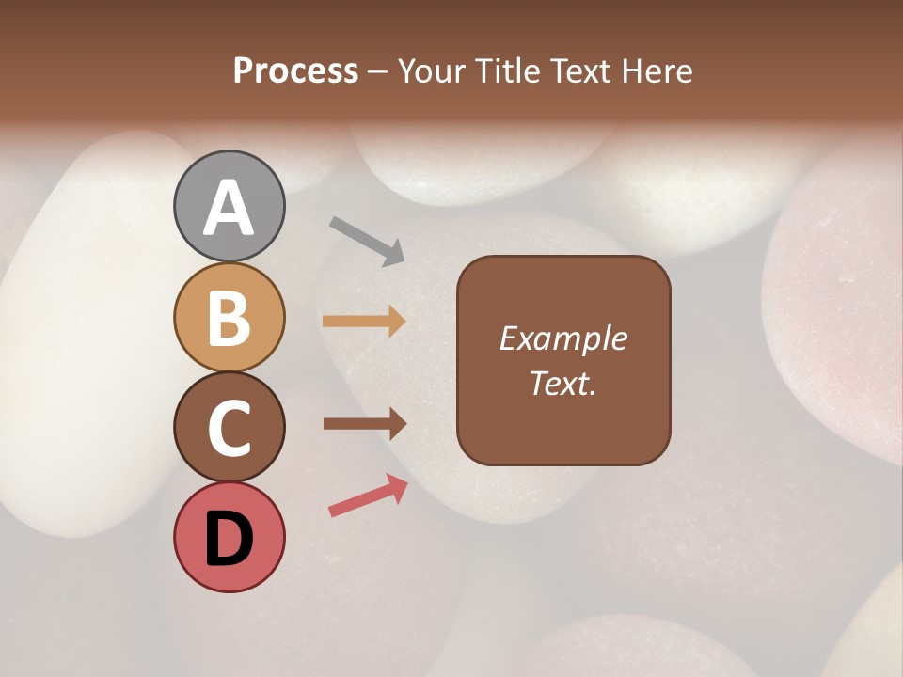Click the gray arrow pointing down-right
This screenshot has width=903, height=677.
[367, 241]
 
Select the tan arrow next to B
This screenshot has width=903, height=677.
[364, 322]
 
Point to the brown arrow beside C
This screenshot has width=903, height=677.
[364, 424]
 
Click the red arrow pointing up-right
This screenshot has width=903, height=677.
[368, 496]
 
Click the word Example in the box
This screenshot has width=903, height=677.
[563, 338]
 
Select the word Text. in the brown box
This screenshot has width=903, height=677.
[563, 384]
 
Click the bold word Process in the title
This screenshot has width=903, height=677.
[295, 71]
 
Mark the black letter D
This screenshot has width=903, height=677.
[229, 539]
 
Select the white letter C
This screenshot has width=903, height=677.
[229, 428]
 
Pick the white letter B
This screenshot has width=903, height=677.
[229, 318]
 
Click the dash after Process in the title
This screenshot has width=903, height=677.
[378, 71]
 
